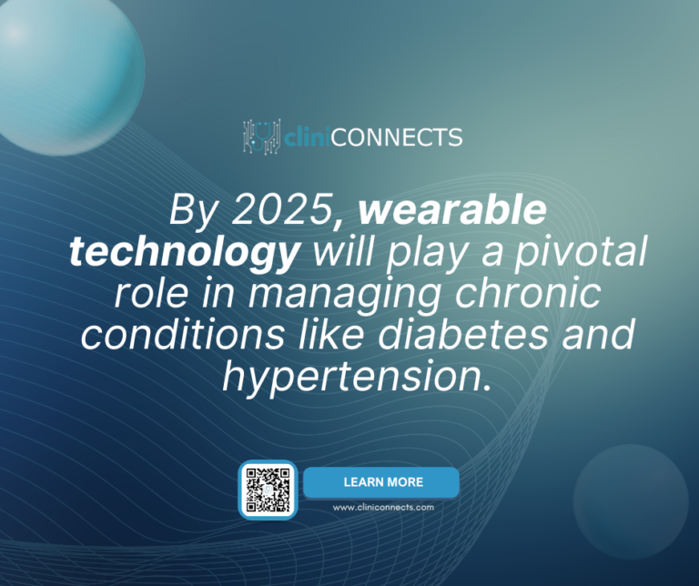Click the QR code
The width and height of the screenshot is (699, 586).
click(x=268, y=490)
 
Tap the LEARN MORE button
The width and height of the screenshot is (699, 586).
click(x=382, y=482)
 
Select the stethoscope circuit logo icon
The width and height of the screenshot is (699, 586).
click(x=261, y=137)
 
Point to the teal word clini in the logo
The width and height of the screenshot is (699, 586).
click(x=307, y=138)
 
